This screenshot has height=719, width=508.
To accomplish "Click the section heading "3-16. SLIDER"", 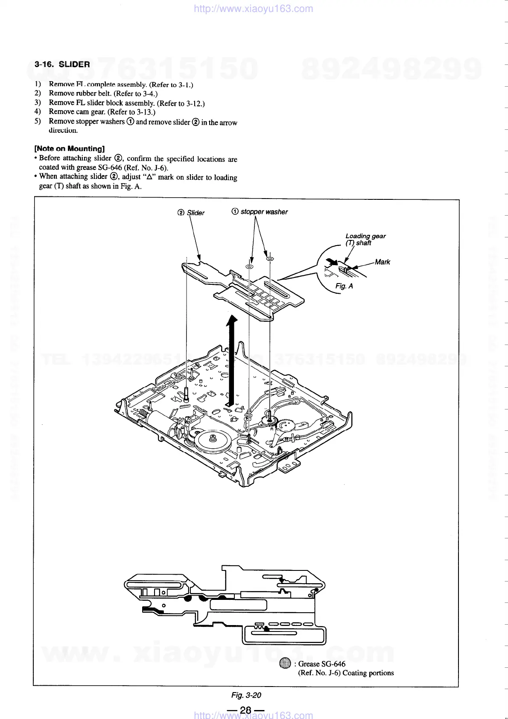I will click(x=62, y=64).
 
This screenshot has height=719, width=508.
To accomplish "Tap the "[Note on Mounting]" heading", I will click(x=70, y=149).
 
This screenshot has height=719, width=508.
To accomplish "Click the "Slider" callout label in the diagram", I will click(x=196, y=213).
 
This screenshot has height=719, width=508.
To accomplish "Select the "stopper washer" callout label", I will click(x=264, y=212).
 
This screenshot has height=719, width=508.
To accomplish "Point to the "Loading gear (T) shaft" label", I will click(x=365, y=240).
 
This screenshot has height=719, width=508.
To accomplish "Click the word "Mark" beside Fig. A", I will click(x=382, y=262).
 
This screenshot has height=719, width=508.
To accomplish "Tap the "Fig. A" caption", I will click(x=344, y=286).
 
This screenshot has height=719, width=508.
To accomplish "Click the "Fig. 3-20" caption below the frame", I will click(x=246, y=695).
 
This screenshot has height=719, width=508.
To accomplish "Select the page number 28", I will click(x=246, y=710).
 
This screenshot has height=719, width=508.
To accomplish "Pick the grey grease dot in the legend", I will click(x=285, y=663).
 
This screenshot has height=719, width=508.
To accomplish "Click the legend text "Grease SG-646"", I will click(x=321, y=664).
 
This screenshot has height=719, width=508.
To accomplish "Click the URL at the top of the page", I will click(x=253, y=9).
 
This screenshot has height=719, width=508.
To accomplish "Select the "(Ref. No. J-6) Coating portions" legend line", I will click(x=346, y=673).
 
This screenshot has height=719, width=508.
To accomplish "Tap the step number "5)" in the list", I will click(x=38, y=121).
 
